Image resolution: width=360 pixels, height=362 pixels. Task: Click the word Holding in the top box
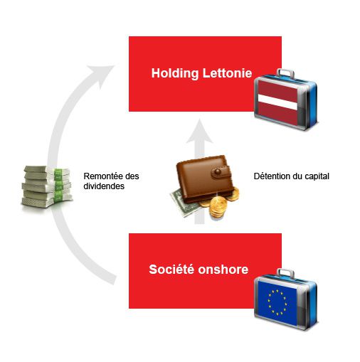[175, 73]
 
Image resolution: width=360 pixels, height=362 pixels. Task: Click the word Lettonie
[227, 73]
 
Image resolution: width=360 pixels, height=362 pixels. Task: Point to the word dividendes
[104, 186]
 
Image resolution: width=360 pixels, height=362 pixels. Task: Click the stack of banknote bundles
[47, 187]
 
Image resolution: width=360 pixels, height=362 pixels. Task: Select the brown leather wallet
[204, 179]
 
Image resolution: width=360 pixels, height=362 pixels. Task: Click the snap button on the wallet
[218, 171]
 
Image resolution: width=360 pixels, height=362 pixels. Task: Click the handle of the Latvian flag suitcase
[285, 73]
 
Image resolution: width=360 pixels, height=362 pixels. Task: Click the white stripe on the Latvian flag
[277, 102]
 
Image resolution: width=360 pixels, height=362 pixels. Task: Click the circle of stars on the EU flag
[277, 302]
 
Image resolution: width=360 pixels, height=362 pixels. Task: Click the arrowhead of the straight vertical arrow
[199, 132]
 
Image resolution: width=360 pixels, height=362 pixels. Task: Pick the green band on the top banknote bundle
[58, 174]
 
